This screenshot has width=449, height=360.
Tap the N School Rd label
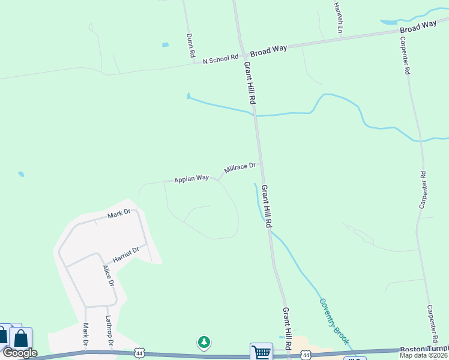point(220,60)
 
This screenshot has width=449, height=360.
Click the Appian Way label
point(191,179)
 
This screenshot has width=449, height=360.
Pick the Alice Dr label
point(108,275)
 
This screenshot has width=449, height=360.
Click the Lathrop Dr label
point(110,329)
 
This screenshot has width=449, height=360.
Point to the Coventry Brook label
point(334,321)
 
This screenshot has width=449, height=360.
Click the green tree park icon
point(205,342)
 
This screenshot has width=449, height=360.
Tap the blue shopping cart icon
point(262,352)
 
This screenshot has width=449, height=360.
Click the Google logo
point(19,353)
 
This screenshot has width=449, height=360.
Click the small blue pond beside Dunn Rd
point(165,44)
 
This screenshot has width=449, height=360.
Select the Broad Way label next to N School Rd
point(268,52)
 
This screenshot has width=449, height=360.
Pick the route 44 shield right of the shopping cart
point(306,356)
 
